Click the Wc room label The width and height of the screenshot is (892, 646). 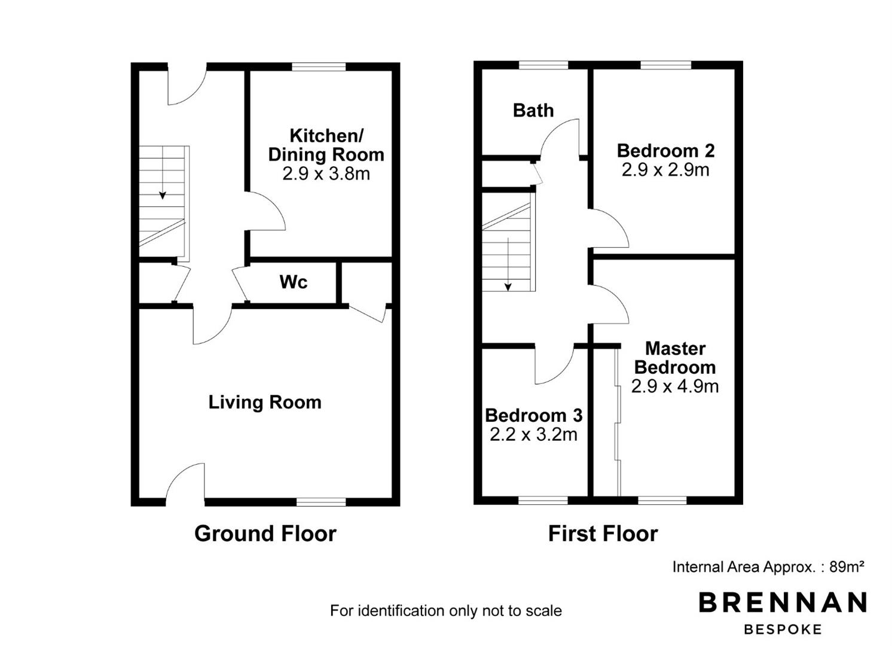click(294, 282)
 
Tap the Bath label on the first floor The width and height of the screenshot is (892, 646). click(533, 111)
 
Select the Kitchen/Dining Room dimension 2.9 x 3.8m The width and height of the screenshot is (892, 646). click(326, 173)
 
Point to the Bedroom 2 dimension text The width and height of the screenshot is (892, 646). click(665, 170)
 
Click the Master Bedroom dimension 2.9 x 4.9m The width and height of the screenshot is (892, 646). click(675, 386)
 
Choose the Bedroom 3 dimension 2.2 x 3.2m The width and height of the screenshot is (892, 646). click(534, 434)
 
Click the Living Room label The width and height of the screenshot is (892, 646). click(265, 403)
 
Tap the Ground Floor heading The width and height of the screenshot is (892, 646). click(265, 534)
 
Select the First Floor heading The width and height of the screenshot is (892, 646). click(603, 534)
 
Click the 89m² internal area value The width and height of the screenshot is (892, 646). click(847, 566)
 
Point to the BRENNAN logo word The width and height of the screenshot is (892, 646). click(783, 602)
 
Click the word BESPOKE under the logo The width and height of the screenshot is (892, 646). click(783, 629)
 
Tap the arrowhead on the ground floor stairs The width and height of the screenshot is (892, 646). click(163, 196)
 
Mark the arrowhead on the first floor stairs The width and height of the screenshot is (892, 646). click(508, 287)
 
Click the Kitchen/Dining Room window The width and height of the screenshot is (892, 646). click(319, 67)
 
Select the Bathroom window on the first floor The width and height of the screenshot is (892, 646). click(543, 65)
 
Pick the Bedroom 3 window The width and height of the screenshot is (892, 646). click(543, 500)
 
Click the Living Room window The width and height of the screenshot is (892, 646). click(321, 502)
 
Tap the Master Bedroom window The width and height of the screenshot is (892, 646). click(662, 500)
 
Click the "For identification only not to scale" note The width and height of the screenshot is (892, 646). click(446, 611)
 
